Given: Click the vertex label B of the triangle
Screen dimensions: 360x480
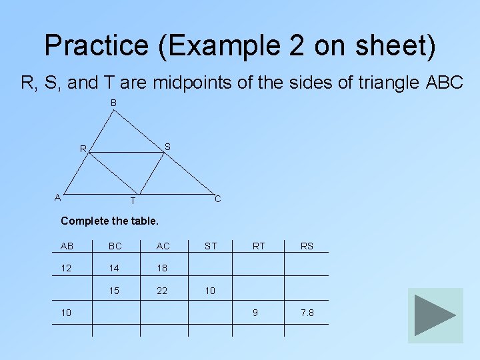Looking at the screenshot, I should coord(114,103).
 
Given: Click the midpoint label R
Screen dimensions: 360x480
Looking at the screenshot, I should coord(83,149).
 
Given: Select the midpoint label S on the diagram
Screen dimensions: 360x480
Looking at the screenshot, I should coord(167,147).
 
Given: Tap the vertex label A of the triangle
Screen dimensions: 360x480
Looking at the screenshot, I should coord(58,197).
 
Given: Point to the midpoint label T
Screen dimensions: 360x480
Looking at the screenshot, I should coord(133,201).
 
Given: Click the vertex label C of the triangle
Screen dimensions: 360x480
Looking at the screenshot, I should coord(217,199).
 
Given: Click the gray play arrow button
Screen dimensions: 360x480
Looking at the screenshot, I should coord(435,315).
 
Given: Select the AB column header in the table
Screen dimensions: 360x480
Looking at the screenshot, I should coord(67,246).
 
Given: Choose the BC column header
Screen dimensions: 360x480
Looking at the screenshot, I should coord(115,246).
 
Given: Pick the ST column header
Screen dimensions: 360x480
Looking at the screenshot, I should coord(211,246).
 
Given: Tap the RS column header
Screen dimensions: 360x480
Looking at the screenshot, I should coord(307,246).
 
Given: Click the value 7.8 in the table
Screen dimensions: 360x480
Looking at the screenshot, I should coord(307,313).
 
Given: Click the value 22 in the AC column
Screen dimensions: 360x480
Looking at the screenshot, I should coord(163,291).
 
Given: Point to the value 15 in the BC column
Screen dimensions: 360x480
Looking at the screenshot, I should coord(115,291).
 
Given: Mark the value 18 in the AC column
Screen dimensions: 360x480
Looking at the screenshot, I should coord(163,268).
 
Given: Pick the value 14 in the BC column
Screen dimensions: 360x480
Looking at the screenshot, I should coord(115,268).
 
